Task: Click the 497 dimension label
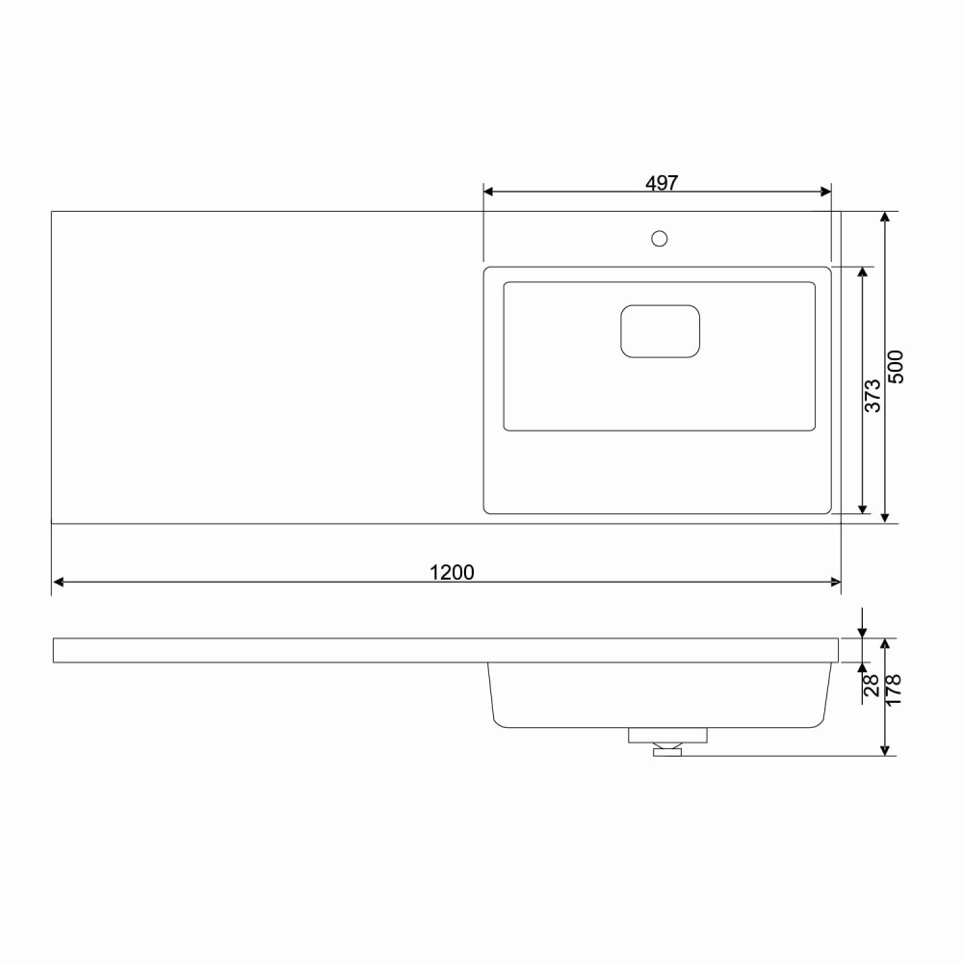tap(662, 183)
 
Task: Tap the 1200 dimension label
tap(452, 572)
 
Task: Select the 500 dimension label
tap(896, 367)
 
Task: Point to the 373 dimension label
tap(872, 396)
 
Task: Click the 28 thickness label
tap(872, 686)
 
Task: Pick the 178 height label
tap(894, 690)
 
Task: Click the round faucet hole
tap(659, 238)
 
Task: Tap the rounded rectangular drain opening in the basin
tap(661, 331)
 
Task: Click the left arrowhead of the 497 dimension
tap(488, 192)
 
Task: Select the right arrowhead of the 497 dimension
tap(826, 192)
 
